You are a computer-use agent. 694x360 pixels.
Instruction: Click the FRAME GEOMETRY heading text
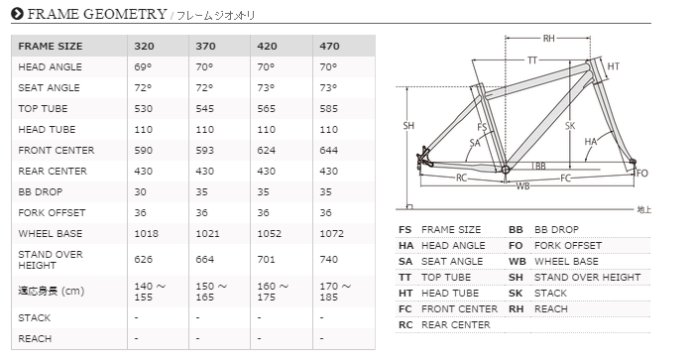[96, 13]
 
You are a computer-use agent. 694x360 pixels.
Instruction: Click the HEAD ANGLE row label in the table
[49, 66]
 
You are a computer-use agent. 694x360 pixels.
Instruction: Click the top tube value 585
[331, 108]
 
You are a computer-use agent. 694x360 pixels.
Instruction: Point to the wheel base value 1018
[148, 233]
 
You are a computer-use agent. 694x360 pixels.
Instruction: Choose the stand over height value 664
[207, 259]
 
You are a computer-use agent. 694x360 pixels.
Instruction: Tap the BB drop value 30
[142, 191]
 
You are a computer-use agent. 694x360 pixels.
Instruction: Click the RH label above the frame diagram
[548, 39]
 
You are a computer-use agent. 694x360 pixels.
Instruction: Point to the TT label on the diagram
[531, 60]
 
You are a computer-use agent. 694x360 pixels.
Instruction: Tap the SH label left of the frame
[408, 126]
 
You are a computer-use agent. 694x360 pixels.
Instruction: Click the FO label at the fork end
[641, 174]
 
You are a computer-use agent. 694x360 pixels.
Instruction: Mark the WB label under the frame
[522, 185]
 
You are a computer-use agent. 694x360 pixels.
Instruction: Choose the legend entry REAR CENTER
[459, 325]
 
